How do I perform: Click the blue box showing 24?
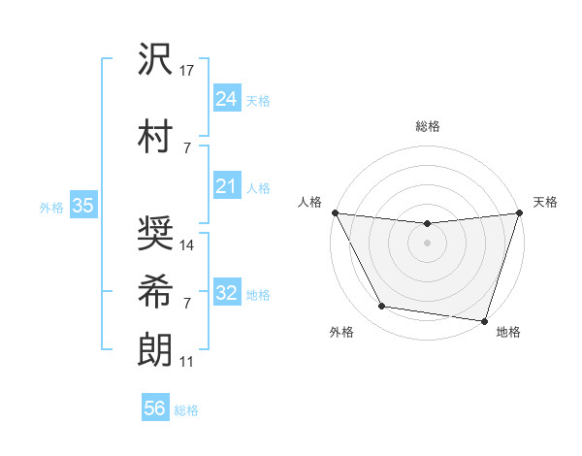[x=226, y=99]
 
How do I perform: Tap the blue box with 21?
[x=226, y=186]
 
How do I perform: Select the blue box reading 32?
[x=226, y=293]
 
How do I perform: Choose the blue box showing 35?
[x=82, y=206]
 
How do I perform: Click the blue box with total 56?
[x=154, y=408]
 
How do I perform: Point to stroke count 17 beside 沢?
[x=188, y=71]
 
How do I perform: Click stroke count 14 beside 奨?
[x=188, y=245]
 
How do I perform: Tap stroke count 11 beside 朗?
[x=187, y=362]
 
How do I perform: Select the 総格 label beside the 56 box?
[x=187, y=410]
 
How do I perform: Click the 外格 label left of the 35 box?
[x=51, y=207]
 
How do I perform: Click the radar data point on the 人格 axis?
[x=335, y=212]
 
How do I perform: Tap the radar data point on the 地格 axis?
[x=484, y=320]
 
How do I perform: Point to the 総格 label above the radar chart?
[x=427, y=126]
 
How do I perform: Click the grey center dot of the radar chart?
[x=427, y=242]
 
